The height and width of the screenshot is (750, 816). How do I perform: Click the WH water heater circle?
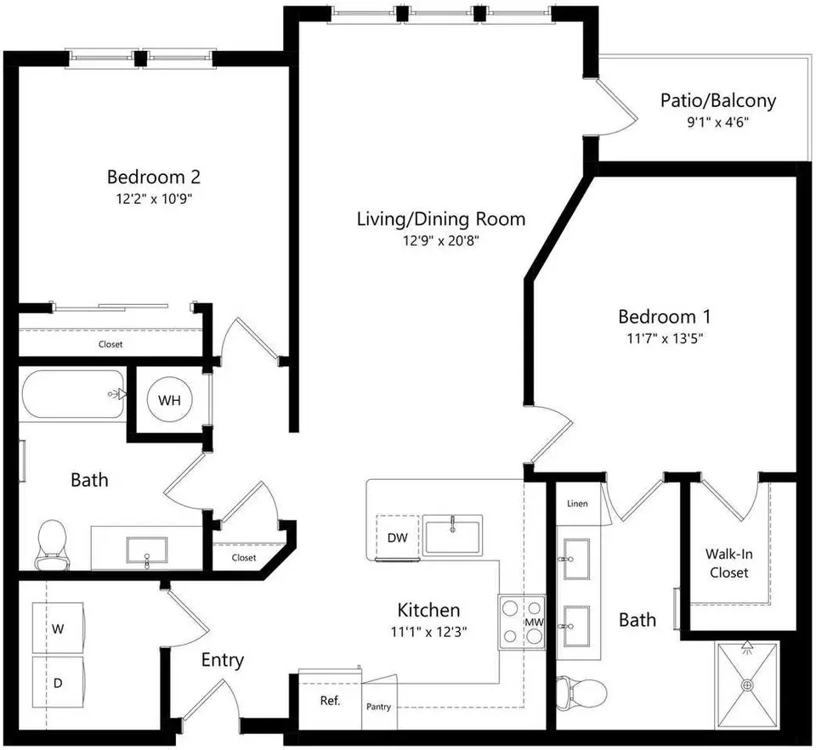[x=169, y=400]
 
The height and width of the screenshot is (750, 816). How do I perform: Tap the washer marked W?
[x=59, y=628]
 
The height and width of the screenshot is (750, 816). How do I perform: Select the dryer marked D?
[x=59, y=682]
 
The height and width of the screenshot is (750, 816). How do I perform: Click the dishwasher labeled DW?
[x=397, y=538]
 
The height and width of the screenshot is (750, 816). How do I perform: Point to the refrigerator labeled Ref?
[x=330, y=700]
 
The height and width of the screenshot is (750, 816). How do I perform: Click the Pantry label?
[x=378, y=707]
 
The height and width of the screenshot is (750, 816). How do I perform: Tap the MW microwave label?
[x=534, y=622]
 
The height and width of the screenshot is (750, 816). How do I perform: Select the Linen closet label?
[x=577, y=504]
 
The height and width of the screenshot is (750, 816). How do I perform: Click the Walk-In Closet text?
[x=728, y=563]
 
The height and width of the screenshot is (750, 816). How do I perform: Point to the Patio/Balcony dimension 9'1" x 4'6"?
[x=717, y=122]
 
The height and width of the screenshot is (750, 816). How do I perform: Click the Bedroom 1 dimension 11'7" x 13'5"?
[x=665, y=339]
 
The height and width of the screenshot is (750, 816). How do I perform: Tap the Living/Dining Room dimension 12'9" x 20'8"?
[x=440, y=241]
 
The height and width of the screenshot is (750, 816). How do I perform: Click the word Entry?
[x=222, y=661]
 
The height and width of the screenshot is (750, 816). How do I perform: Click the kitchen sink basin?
[x=452, y=534]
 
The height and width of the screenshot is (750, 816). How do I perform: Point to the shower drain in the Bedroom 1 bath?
[x=748, y=685]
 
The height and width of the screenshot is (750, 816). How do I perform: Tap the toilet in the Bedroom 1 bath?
[x=581, y=692]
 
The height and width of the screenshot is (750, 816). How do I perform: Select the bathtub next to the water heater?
[x=73, y=394]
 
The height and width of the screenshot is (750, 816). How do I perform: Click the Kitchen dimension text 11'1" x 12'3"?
[x=428, y=632]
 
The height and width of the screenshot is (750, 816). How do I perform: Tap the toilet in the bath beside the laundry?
[x=52, y=544]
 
